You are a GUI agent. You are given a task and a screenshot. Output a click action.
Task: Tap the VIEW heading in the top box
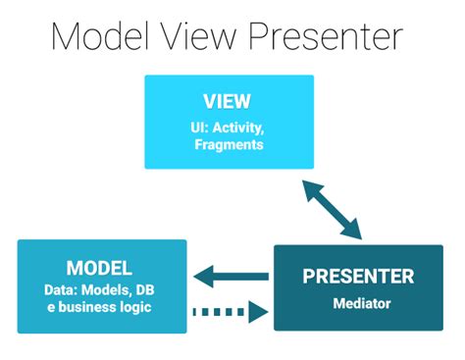coord(228,102)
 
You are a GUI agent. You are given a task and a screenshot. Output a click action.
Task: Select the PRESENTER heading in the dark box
coord(357,276)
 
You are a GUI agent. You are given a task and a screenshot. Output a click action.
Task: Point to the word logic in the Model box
coord(143,308)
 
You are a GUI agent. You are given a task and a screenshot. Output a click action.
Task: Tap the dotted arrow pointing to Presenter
coord(232,312)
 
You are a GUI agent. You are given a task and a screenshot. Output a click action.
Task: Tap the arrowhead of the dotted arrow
coord(259,312)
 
